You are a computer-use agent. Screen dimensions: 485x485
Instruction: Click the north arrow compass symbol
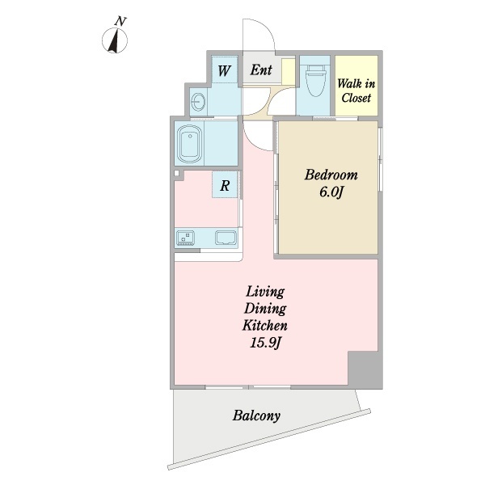[115, 40]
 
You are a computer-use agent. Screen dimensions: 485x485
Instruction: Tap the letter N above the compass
[120, 21]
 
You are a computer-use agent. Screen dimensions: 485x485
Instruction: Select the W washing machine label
[224, 70]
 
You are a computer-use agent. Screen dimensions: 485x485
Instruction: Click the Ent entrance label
[261, 70]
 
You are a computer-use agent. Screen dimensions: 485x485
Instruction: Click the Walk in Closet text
[356, 91]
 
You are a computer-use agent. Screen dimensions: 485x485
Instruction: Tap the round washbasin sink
[198, 101]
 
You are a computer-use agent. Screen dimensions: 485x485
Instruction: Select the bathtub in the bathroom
[190, 144]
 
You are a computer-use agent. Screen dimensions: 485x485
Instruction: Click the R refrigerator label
[225, 186]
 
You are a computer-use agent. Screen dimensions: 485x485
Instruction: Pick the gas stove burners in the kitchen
[185, 238]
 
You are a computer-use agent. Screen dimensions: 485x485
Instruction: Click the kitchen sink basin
[226, 238]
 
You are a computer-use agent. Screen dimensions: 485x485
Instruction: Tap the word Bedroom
[331, 175]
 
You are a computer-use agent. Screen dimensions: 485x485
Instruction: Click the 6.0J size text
[331, 192]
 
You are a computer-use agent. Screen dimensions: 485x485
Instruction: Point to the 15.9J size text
[265, 343]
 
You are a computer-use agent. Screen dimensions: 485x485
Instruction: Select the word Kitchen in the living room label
[265, 326]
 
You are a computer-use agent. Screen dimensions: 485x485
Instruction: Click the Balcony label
[256, 415]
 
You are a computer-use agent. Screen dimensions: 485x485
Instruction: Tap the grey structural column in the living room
[365, 368]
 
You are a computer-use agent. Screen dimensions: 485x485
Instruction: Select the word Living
[265, 292]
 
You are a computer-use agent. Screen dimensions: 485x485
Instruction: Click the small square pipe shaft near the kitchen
[176, 173]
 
